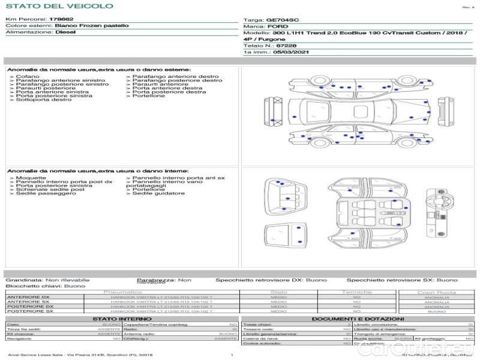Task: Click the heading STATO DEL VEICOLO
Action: click(59, 6)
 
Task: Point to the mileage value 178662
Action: click(61, 20)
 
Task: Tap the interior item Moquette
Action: click(31, 178)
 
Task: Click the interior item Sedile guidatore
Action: click(158, 193)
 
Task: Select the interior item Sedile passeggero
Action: click(41, 193)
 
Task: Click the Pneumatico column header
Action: click(123, 292)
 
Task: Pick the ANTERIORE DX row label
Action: click(28, 297)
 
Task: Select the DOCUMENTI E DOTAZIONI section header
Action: click(358, 319)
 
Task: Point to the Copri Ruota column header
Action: click(436, 292)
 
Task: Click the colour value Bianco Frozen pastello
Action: click(92, 26)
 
